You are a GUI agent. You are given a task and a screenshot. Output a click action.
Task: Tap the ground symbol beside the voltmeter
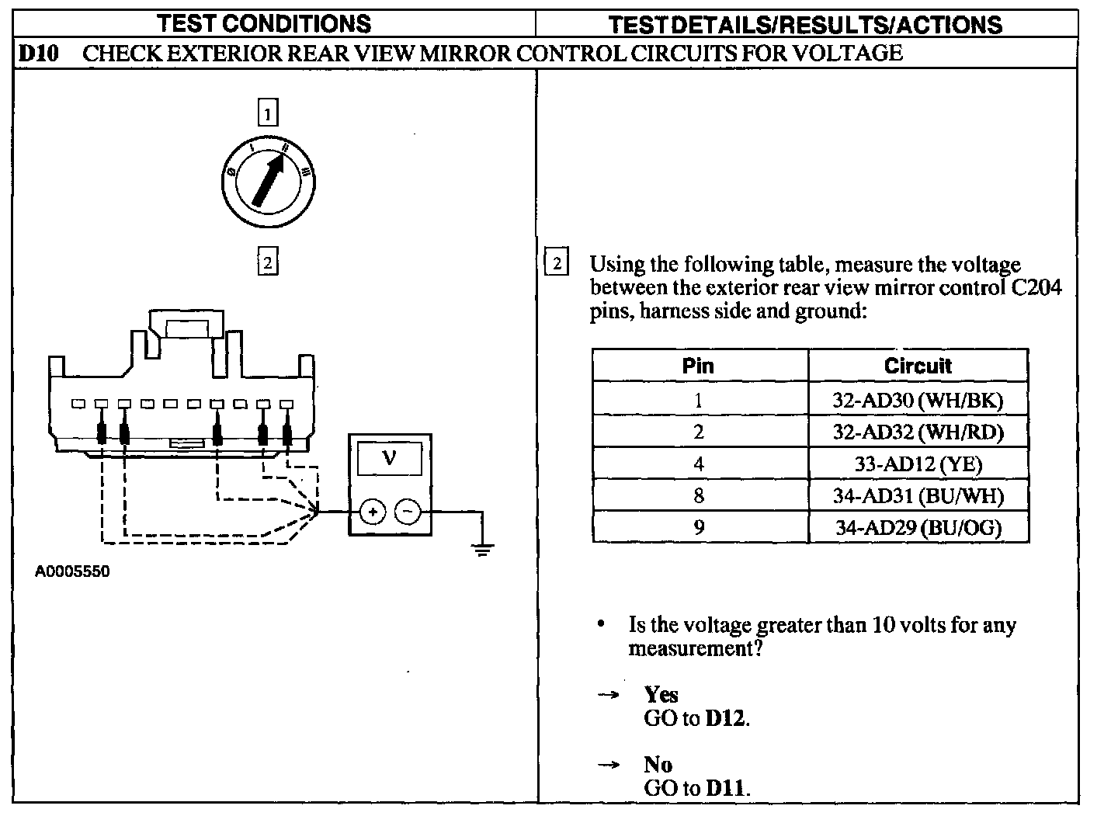click(483, 550)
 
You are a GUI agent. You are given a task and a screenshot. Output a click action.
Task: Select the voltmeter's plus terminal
click(373, 512)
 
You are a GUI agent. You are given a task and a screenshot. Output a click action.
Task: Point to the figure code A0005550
click(73, 572)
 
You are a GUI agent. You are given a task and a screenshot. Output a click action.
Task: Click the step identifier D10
click(37, 54)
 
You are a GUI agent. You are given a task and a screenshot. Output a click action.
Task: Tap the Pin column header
click(698, 366)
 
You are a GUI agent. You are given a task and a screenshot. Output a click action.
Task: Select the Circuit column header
click(918, 366)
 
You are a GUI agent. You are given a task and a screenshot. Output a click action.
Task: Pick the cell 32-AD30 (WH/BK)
click(918, 400)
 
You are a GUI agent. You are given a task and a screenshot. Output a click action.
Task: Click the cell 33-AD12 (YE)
click(918, 464)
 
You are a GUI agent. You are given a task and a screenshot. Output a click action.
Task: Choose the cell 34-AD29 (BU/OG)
click(918, 528)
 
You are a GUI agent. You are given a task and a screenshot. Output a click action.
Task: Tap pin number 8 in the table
click(698, 495)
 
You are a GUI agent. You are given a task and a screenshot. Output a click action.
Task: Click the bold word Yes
click(661, 694)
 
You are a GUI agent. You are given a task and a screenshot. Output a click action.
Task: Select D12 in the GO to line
click(725, 718)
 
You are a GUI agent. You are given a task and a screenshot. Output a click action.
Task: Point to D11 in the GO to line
click(725, 789)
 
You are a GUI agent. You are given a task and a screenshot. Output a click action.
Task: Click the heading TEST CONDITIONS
click(264, 23)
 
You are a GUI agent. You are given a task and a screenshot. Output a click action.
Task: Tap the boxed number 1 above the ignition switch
click(267, 114)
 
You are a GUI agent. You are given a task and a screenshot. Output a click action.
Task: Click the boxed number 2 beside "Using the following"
click(557, 262)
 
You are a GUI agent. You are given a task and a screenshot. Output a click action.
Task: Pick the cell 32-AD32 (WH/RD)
click(918, 432)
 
